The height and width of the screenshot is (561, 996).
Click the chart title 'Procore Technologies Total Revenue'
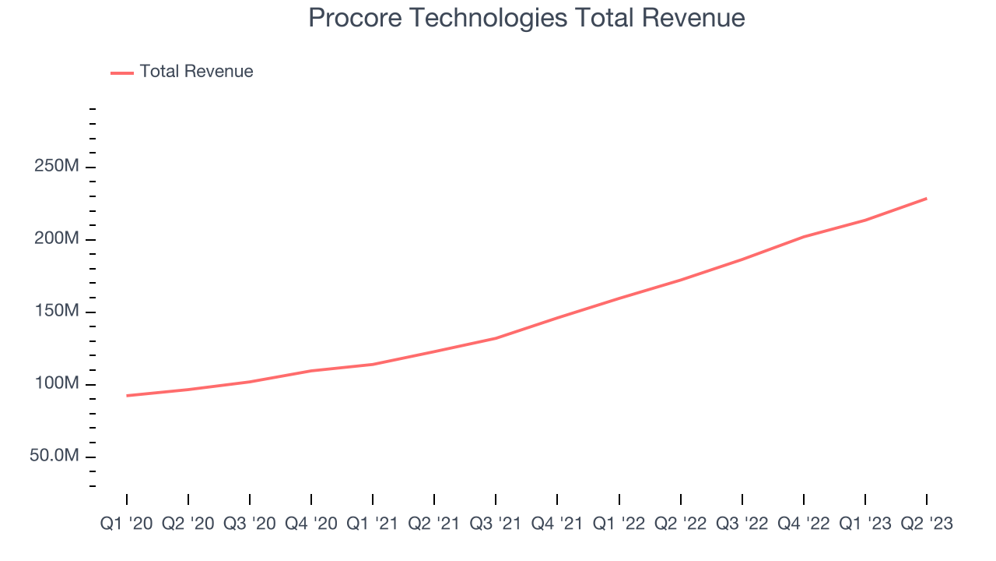pyautogui.click(x=527, y=18)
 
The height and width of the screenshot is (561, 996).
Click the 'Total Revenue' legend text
pyautogui.click(x=196, y=72)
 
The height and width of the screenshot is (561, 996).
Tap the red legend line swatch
pyautogui.click(x=122, y=72)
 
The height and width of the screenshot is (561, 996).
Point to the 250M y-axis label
pyautogui.click(x=55, y=168)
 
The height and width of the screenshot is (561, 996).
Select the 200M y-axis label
pyautogui.click(x=55, y=239)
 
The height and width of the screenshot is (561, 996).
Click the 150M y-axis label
pyautogui.click(x=55, y=312)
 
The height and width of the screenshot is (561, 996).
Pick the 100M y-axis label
pyautogui.click(x=55, y=384)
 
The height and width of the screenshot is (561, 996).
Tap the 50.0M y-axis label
pyautogui.click(x=54, y=456)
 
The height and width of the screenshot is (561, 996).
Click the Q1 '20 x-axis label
pyautogui.click(x=126, y=524)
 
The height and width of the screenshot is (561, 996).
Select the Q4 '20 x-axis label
pyautogui.click(x=311, y=524)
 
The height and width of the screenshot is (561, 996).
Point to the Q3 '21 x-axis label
pyautogui.click(x=496, y=524)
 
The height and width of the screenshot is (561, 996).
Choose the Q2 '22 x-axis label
pyautogui.click(x=680, y=524)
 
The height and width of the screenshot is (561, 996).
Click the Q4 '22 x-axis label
pyautogui.click(x=803, y=524)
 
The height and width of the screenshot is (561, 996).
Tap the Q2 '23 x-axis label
pyautogui.click(x=926, y=524)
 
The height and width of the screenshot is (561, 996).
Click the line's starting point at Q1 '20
pyautogui.click(x=127, y=396)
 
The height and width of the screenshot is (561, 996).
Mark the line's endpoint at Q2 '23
pyautogui.click(x=926, y=198)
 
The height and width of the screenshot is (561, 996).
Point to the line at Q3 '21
pyautogui.click(x=496, y=338)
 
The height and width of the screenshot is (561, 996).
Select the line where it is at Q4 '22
pyautogui.click(x=803, y=236)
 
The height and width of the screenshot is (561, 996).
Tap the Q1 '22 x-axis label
pyautogui.click(x=619, y=524)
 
